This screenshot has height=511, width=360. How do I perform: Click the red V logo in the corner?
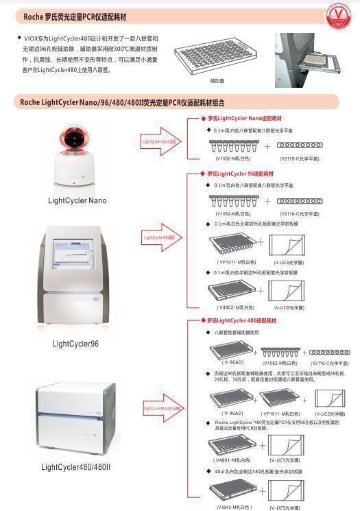point(345,16)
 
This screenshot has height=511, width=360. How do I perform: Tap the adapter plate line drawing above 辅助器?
point(217,60)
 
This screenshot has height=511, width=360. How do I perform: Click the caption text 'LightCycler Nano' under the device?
point(77,200)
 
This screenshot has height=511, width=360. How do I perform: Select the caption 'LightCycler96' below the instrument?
point(75,343)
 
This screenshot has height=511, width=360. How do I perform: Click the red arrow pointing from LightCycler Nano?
point(163,142)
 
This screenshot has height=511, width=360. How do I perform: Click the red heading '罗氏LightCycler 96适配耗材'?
point(237,174)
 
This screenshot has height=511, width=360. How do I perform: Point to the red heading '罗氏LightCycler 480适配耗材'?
point(238,320)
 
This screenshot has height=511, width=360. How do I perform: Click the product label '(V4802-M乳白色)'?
point(235,307)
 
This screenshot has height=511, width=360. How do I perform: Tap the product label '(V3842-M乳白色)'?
point(234,507)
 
